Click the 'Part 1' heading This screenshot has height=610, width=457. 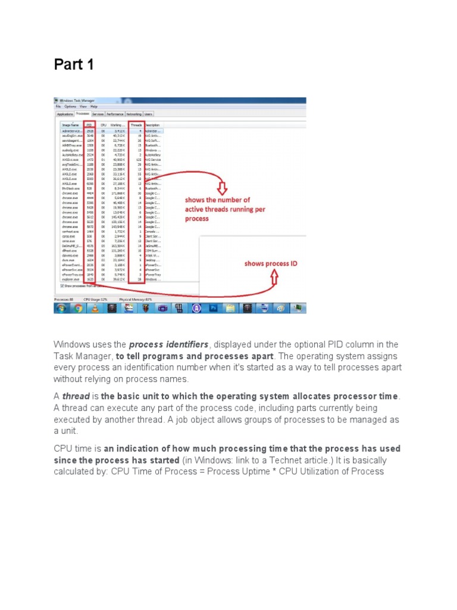click(x=74, y=64)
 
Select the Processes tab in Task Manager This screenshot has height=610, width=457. click(x=82, y=113)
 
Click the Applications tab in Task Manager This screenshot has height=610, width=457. click(x=64, y=113)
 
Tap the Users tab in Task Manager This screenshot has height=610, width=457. click(x=148, y=113)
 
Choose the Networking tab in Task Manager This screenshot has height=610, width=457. click(x=133, y=113)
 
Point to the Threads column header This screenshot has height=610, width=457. click(x=136, y=125)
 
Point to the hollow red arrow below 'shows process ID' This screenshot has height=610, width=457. click(x=274, y=277)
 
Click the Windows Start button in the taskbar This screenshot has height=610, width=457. click(x=61, y=308)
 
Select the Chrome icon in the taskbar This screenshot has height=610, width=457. click(x=77, y=308)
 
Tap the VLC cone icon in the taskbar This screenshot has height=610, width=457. click(x=94, y=308)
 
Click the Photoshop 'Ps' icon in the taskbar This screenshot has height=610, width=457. click(x=213, y=308)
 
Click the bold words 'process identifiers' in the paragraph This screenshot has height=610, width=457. click(x=168, y=345)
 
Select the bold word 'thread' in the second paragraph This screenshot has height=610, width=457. click(x=78, y=397)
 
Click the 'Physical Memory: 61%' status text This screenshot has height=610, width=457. click(x=136, y=299)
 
